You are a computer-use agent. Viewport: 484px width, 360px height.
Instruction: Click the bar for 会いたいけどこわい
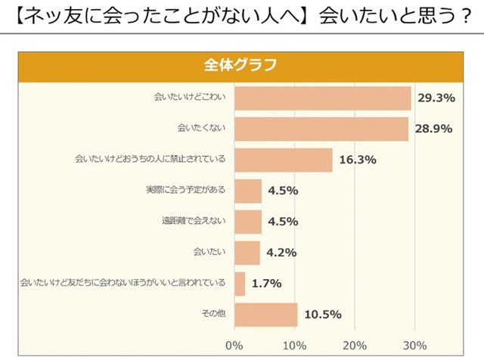click(x=323, y=98)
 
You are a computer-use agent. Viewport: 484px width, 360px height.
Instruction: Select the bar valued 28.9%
click(x=321, y=129)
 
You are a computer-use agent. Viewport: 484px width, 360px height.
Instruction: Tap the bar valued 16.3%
click(x=284, y=160)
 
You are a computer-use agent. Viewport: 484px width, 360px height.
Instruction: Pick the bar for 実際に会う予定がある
click(x=248, y=191)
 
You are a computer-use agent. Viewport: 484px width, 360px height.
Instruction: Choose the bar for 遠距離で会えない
click(x=248, y=222)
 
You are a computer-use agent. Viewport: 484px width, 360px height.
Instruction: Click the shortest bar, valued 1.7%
click(x=240, y=284)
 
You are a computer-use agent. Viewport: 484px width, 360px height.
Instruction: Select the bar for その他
click(x=266, y=315)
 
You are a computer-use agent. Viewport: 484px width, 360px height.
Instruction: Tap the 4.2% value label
click(x=281, y=253)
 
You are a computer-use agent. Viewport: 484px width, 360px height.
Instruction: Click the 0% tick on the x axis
click(x=234, y=346)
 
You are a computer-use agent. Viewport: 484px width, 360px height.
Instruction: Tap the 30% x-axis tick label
click(x=414, y=346)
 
